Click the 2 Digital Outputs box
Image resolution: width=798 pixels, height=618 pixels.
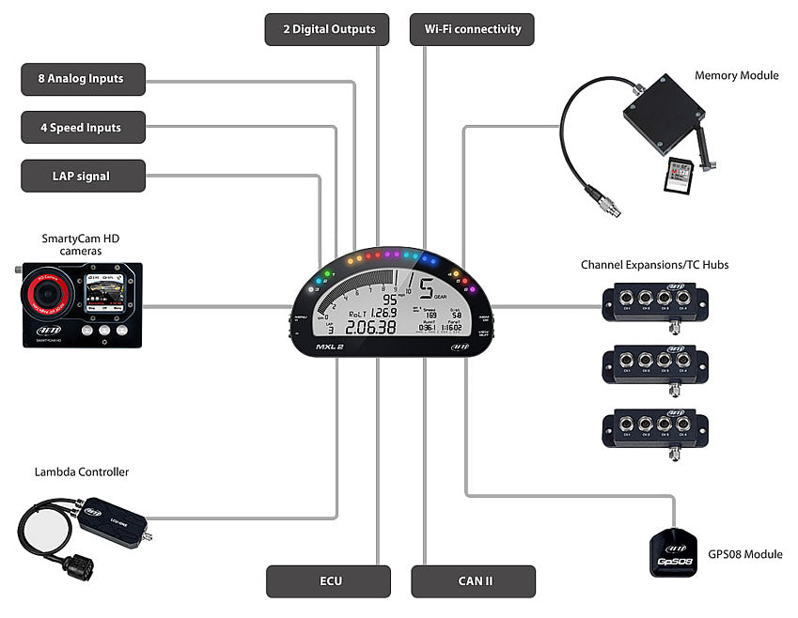tap(329, 29)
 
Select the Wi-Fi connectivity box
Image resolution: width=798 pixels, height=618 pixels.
tap(473, 29)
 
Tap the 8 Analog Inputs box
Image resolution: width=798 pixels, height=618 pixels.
tap(84, 79)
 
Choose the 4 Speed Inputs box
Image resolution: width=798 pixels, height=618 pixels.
tap(84, 127)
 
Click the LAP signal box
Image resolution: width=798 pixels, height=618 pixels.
tap(84, 176)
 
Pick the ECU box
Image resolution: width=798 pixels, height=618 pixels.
tap(329, 581)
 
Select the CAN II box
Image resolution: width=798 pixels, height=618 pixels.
tap(473, 581)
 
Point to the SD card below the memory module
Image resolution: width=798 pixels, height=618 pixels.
tap(679, 176)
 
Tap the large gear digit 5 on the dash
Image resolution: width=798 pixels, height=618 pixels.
tap(427, 289)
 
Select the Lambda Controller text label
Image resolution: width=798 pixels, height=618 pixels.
tap(82, 471)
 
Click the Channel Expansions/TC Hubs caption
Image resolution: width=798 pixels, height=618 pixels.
tap(654, 265)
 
